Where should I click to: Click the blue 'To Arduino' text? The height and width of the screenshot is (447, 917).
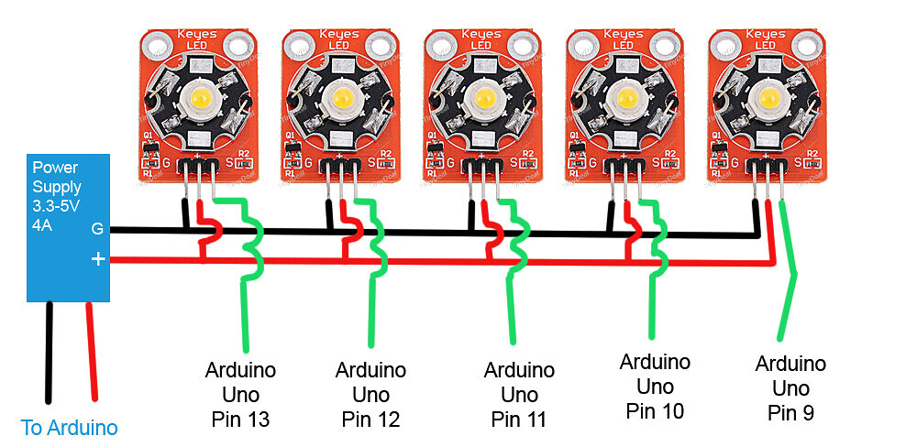69,428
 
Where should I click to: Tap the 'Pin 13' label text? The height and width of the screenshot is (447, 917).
241,420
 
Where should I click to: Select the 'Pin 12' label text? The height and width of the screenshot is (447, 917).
371,420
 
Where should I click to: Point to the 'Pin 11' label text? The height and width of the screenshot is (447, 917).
519,420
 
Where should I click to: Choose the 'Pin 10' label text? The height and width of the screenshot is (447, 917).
655,410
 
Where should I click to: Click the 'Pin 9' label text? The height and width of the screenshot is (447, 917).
790,413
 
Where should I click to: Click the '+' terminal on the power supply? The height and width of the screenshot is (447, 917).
98,260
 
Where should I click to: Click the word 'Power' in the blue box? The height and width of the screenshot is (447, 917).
54,169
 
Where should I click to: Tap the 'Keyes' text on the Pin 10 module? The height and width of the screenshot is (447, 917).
624,34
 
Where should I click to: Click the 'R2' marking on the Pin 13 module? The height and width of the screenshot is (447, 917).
244,153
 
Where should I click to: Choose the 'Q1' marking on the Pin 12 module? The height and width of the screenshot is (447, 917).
290,136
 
